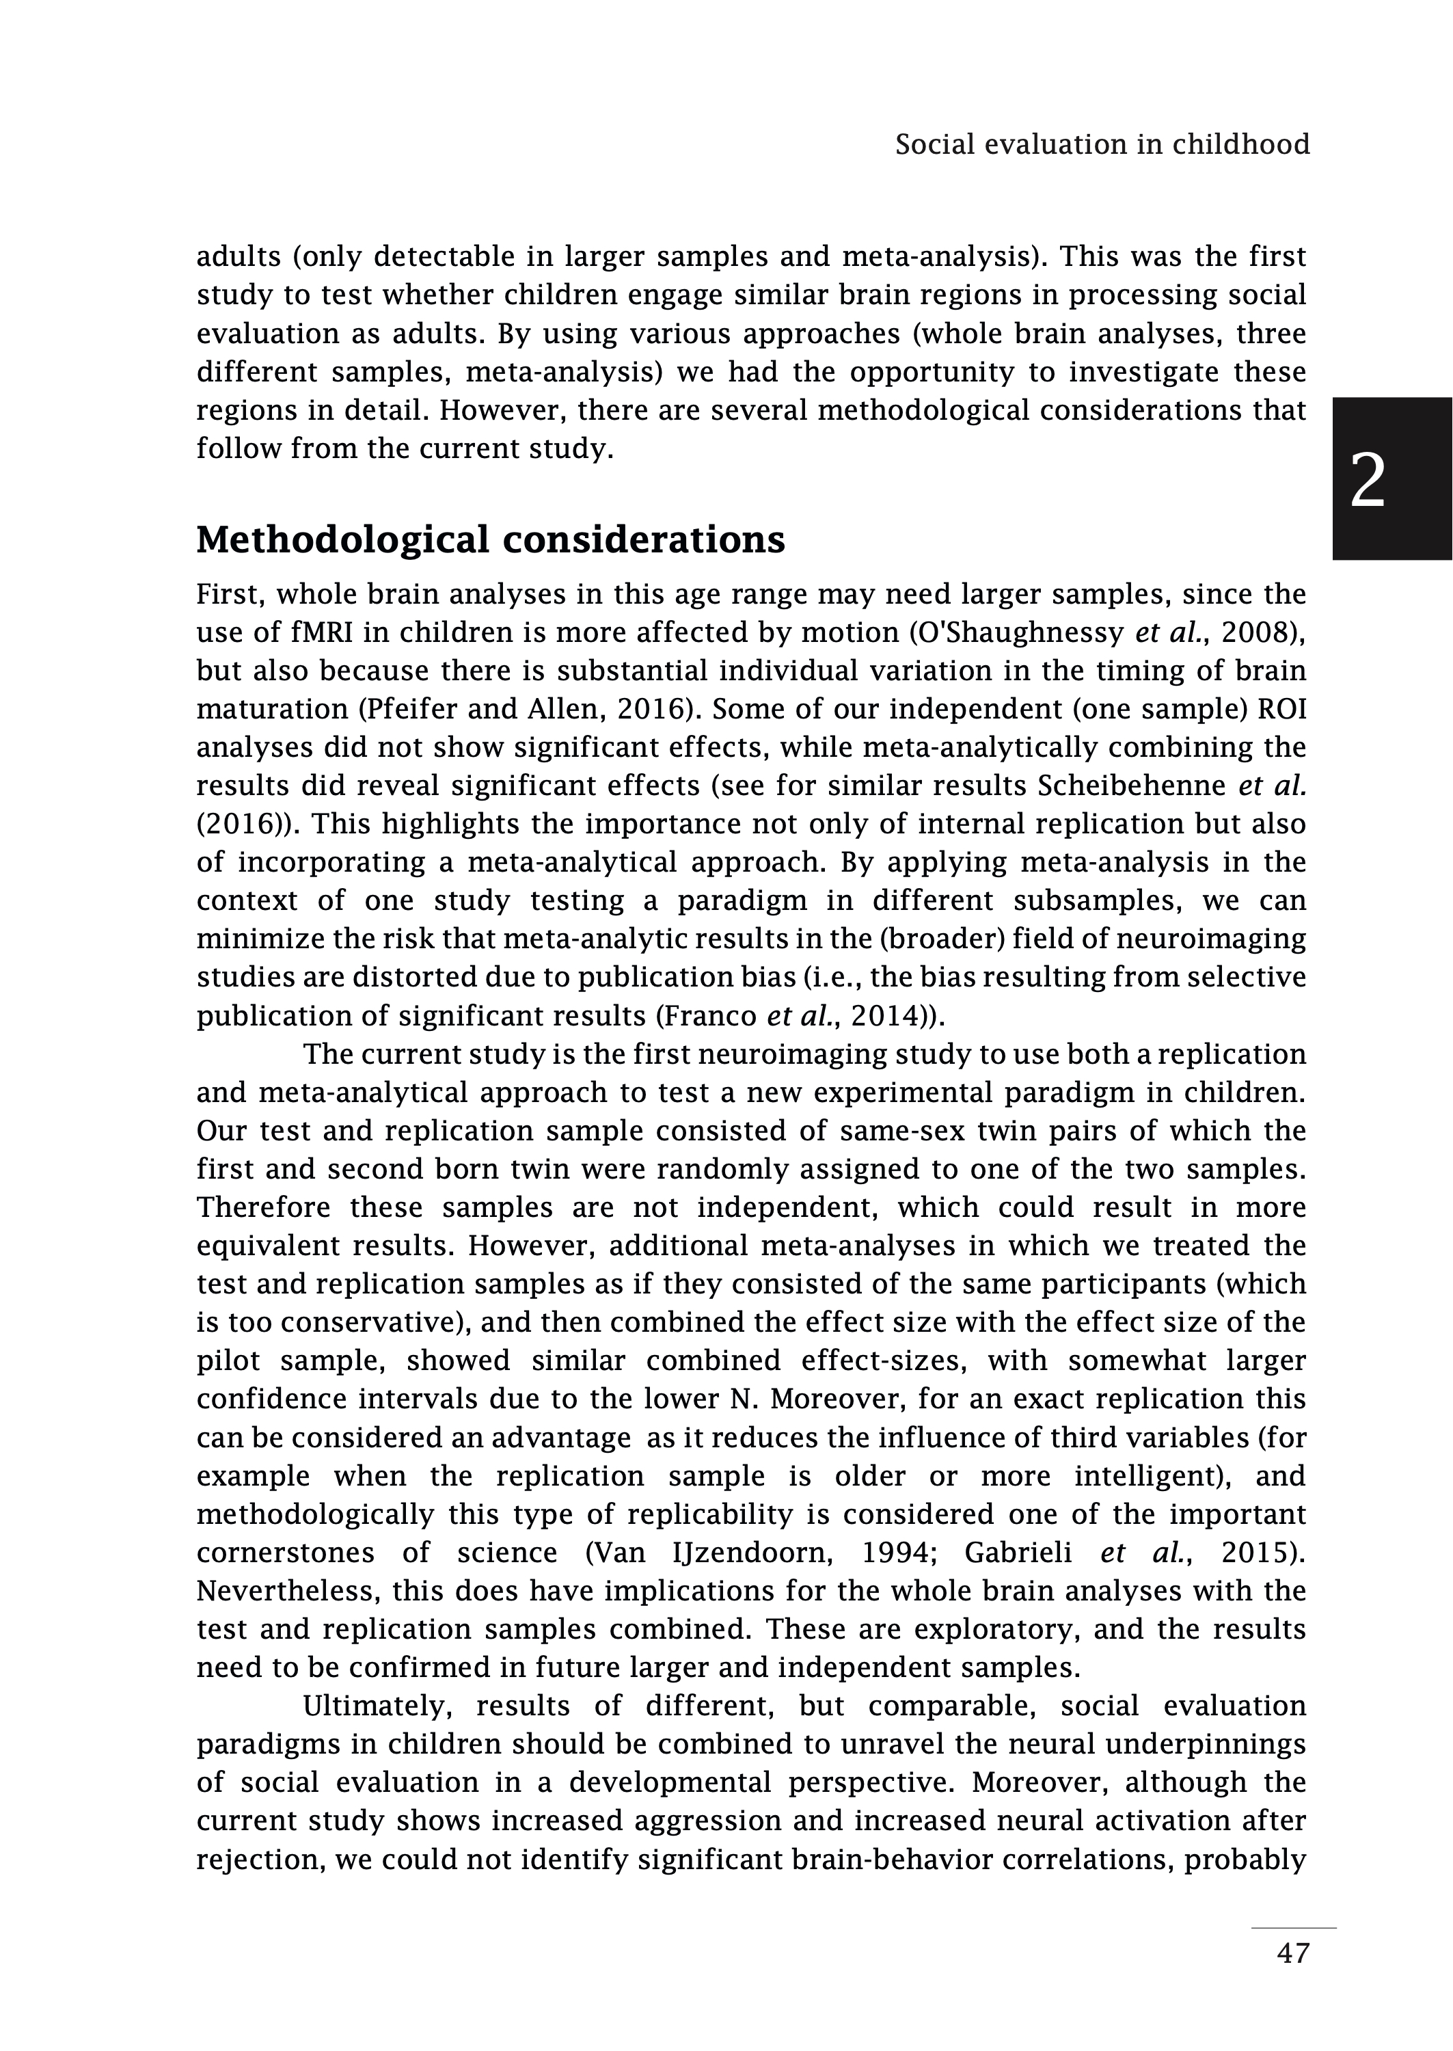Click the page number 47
point(1293,1978)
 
